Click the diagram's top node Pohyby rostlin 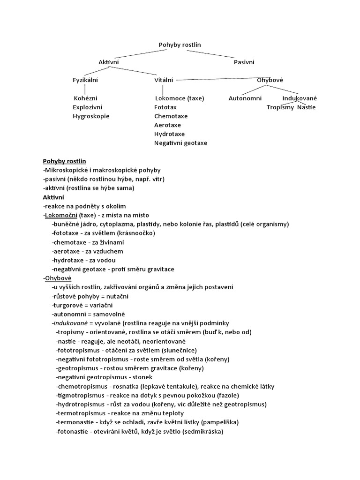click(x=180, y=45)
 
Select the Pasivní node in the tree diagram click(x=244, y=62)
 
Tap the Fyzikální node click(x=85, y=80)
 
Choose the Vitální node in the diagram click(x=164, y=80)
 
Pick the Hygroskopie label click(x=90, y=116)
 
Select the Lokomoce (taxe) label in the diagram click(x=179, y=98)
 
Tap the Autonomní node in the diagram click(x=245, y=98)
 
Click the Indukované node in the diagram click(x=300, y=98)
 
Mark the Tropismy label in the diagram click(x=280, y=107)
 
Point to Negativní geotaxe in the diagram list click(x=180, y=143)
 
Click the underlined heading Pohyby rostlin click(x=64, y=161)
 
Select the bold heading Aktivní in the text click(x=54, y=197)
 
